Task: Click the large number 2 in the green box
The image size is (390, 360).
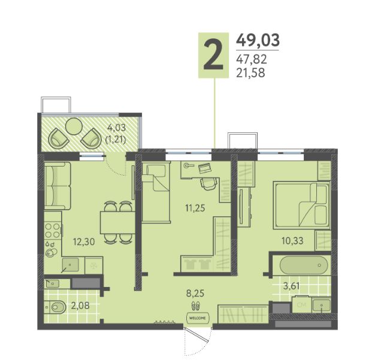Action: click(x=213, y=56)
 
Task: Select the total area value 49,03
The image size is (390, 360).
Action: click(x=258, y=40)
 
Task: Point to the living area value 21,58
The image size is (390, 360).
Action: click(x=250, y=73)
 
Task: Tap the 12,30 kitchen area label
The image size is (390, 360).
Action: click(x=84, y=241)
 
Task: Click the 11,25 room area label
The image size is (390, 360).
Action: click(x=195, y=208)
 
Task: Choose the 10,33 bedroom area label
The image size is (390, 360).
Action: click(x=292, y=241)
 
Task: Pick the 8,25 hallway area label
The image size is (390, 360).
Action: click(x=195, y=293)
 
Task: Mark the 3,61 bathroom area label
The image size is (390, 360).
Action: click(x=291, y=286)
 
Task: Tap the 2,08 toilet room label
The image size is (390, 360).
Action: click(x=80, y=305)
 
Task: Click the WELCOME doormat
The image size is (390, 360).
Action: click(x=198, y=317)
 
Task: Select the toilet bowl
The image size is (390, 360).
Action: click(x=55, y=307)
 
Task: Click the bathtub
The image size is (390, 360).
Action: click(x=304, y=265)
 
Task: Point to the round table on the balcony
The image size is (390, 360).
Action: click(x=74, y=126)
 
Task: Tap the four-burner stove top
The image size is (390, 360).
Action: click(x=53, y=230)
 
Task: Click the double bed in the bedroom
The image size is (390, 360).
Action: click(x=302, y=205)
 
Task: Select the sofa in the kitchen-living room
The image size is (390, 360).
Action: click(x=58, y=186)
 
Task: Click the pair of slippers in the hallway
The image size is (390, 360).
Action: click(x=195, y=305)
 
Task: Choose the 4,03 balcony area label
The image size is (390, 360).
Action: click(x=116, y=128)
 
